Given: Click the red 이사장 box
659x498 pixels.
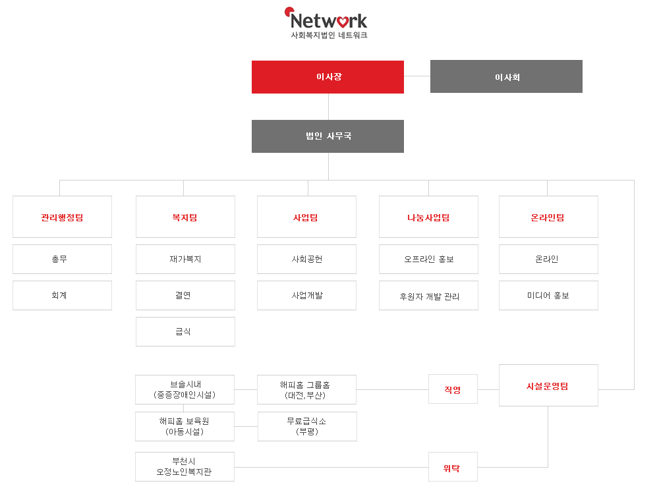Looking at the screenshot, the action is [x=328, y=77].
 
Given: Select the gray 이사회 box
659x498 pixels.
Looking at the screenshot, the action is [x=506, y=76].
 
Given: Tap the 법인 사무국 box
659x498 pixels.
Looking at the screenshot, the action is [x=328, y=136].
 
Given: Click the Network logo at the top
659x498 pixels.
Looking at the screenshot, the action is [x=326, y=23].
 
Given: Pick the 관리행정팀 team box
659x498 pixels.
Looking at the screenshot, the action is [x=62, y=217].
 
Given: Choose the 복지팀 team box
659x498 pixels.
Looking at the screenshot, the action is [x=185, y=217].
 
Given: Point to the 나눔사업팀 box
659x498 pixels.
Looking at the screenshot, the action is [x=429, y=217].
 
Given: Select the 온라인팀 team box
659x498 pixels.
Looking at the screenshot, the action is [x=548, y=217].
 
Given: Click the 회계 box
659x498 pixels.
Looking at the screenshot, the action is [x=62, y=295].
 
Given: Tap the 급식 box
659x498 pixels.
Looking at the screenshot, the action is [x=185, y=331].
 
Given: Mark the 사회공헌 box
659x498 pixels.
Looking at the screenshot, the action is [x=307, y=260].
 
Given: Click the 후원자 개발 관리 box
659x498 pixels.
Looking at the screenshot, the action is [x=429, y=295].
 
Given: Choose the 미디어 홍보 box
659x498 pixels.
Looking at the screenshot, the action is [x=548, y=295].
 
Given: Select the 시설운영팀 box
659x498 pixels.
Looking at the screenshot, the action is [x=548, y=385].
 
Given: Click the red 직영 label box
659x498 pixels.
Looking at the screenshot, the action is [x=453, y=389].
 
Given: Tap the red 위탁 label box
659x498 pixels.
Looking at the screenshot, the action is [x=453, y=467].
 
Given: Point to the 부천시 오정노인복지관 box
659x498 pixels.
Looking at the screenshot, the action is [x=185, y=467].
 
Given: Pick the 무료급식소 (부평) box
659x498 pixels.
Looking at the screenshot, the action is [x=307, y=427].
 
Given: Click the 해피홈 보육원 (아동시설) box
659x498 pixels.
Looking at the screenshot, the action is [x=185, y=427].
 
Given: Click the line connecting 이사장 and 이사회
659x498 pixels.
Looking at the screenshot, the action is [x=417, y=76].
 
